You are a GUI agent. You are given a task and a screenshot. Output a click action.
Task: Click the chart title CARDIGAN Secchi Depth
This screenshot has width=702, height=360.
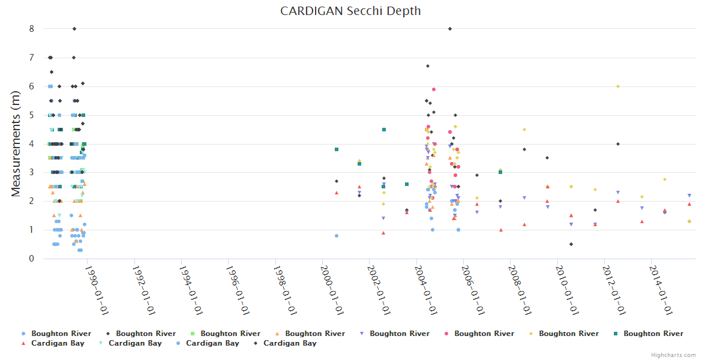point(350,11)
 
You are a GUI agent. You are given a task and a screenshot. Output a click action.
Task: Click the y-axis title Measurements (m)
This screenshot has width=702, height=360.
point(16,143)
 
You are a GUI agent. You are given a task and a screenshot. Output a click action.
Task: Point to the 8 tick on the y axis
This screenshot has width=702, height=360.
point(31,29)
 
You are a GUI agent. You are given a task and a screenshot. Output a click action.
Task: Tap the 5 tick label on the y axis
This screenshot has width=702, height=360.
point(31,115)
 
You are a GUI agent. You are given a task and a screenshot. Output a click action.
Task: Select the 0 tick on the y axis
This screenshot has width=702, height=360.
point(31,259)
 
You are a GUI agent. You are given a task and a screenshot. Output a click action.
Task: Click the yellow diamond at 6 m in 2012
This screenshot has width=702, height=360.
point(617,86)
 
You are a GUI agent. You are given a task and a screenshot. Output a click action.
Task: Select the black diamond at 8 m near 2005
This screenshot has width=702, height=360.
point(450,29)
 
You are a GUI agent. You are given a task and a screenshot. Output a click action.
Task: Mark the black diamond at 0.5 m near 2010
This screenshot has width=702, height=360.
point(571,244)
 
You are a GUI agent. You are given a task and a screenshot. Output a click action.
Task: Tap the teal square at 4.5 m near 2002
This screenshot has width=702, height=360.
point(384,130)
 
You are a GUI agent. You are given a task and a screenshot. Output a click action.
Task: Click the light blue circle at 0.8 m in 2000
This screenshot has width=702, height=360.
point(337,236)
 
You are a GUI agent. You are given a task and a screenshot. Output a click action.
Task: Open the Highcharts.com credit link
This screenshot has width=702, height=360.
point(673,355)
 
